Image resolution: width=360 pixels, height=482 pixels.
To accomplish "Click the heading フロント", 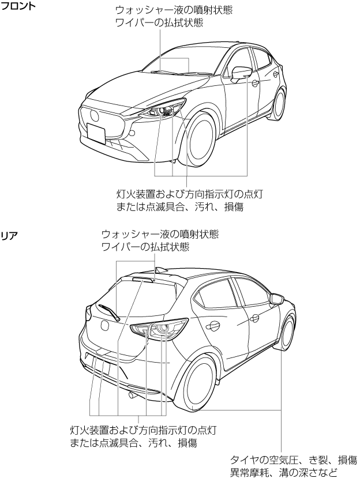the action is (x=18, y=6).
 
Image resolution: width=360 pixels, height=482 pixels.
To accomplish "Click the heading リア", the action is (x=10, y=236).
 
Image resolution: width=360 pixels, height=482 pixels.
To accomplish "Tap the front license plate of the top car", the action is (x=96, y=133).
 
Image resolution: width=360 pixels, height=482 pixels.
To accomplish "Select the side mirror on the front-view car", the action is (x=241, y=73).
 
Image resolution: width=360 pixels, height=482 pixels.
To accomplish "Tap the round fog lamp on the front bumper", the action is (x=132, y=133).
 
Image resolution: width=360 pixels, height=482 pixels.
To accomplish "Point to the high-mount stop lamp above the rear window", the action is (x=144, y=279).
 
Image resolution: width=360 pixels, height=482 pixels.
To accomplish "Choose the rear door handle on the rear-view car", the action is (x=213, y=326).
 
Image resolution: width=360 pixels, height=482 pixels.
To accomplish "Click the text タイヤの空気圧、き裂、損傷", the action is (x=294, y=460).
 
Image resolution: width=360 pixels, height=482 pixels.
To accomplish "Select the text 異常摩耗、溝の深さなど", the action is (x=284, y=472).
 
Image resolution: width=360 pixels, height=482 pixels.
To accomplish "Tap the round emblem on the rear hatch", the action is (x=105, y=325).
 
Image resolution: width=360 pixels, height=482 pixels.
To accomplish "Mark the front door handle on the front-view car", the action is (x=255, y=82).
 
